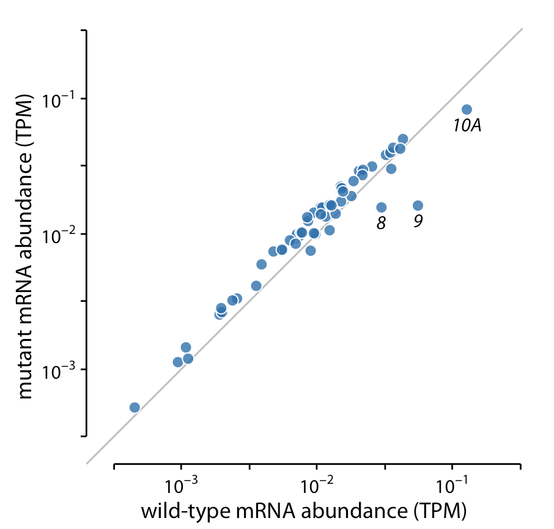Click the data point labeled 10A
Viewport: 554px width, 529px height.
coord(467,109)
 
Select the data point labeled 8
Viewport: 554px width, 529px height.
coord(381,208)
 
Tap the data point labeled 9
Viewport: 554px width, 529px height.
coord(418,206)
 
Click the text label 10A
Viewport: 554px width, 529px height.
coord(467,126)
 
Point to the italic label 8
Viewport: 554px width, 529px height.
coord(381,224)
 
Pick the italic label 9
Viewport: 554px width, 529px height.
coord(418,221)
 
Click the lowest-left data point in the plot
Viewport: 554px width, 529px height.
coord(135,407)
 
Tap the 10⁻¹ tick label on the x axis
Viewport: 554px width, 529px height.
coord(452,486)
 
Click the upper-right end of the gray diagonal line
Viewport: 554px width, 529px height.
coord(522,29)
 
